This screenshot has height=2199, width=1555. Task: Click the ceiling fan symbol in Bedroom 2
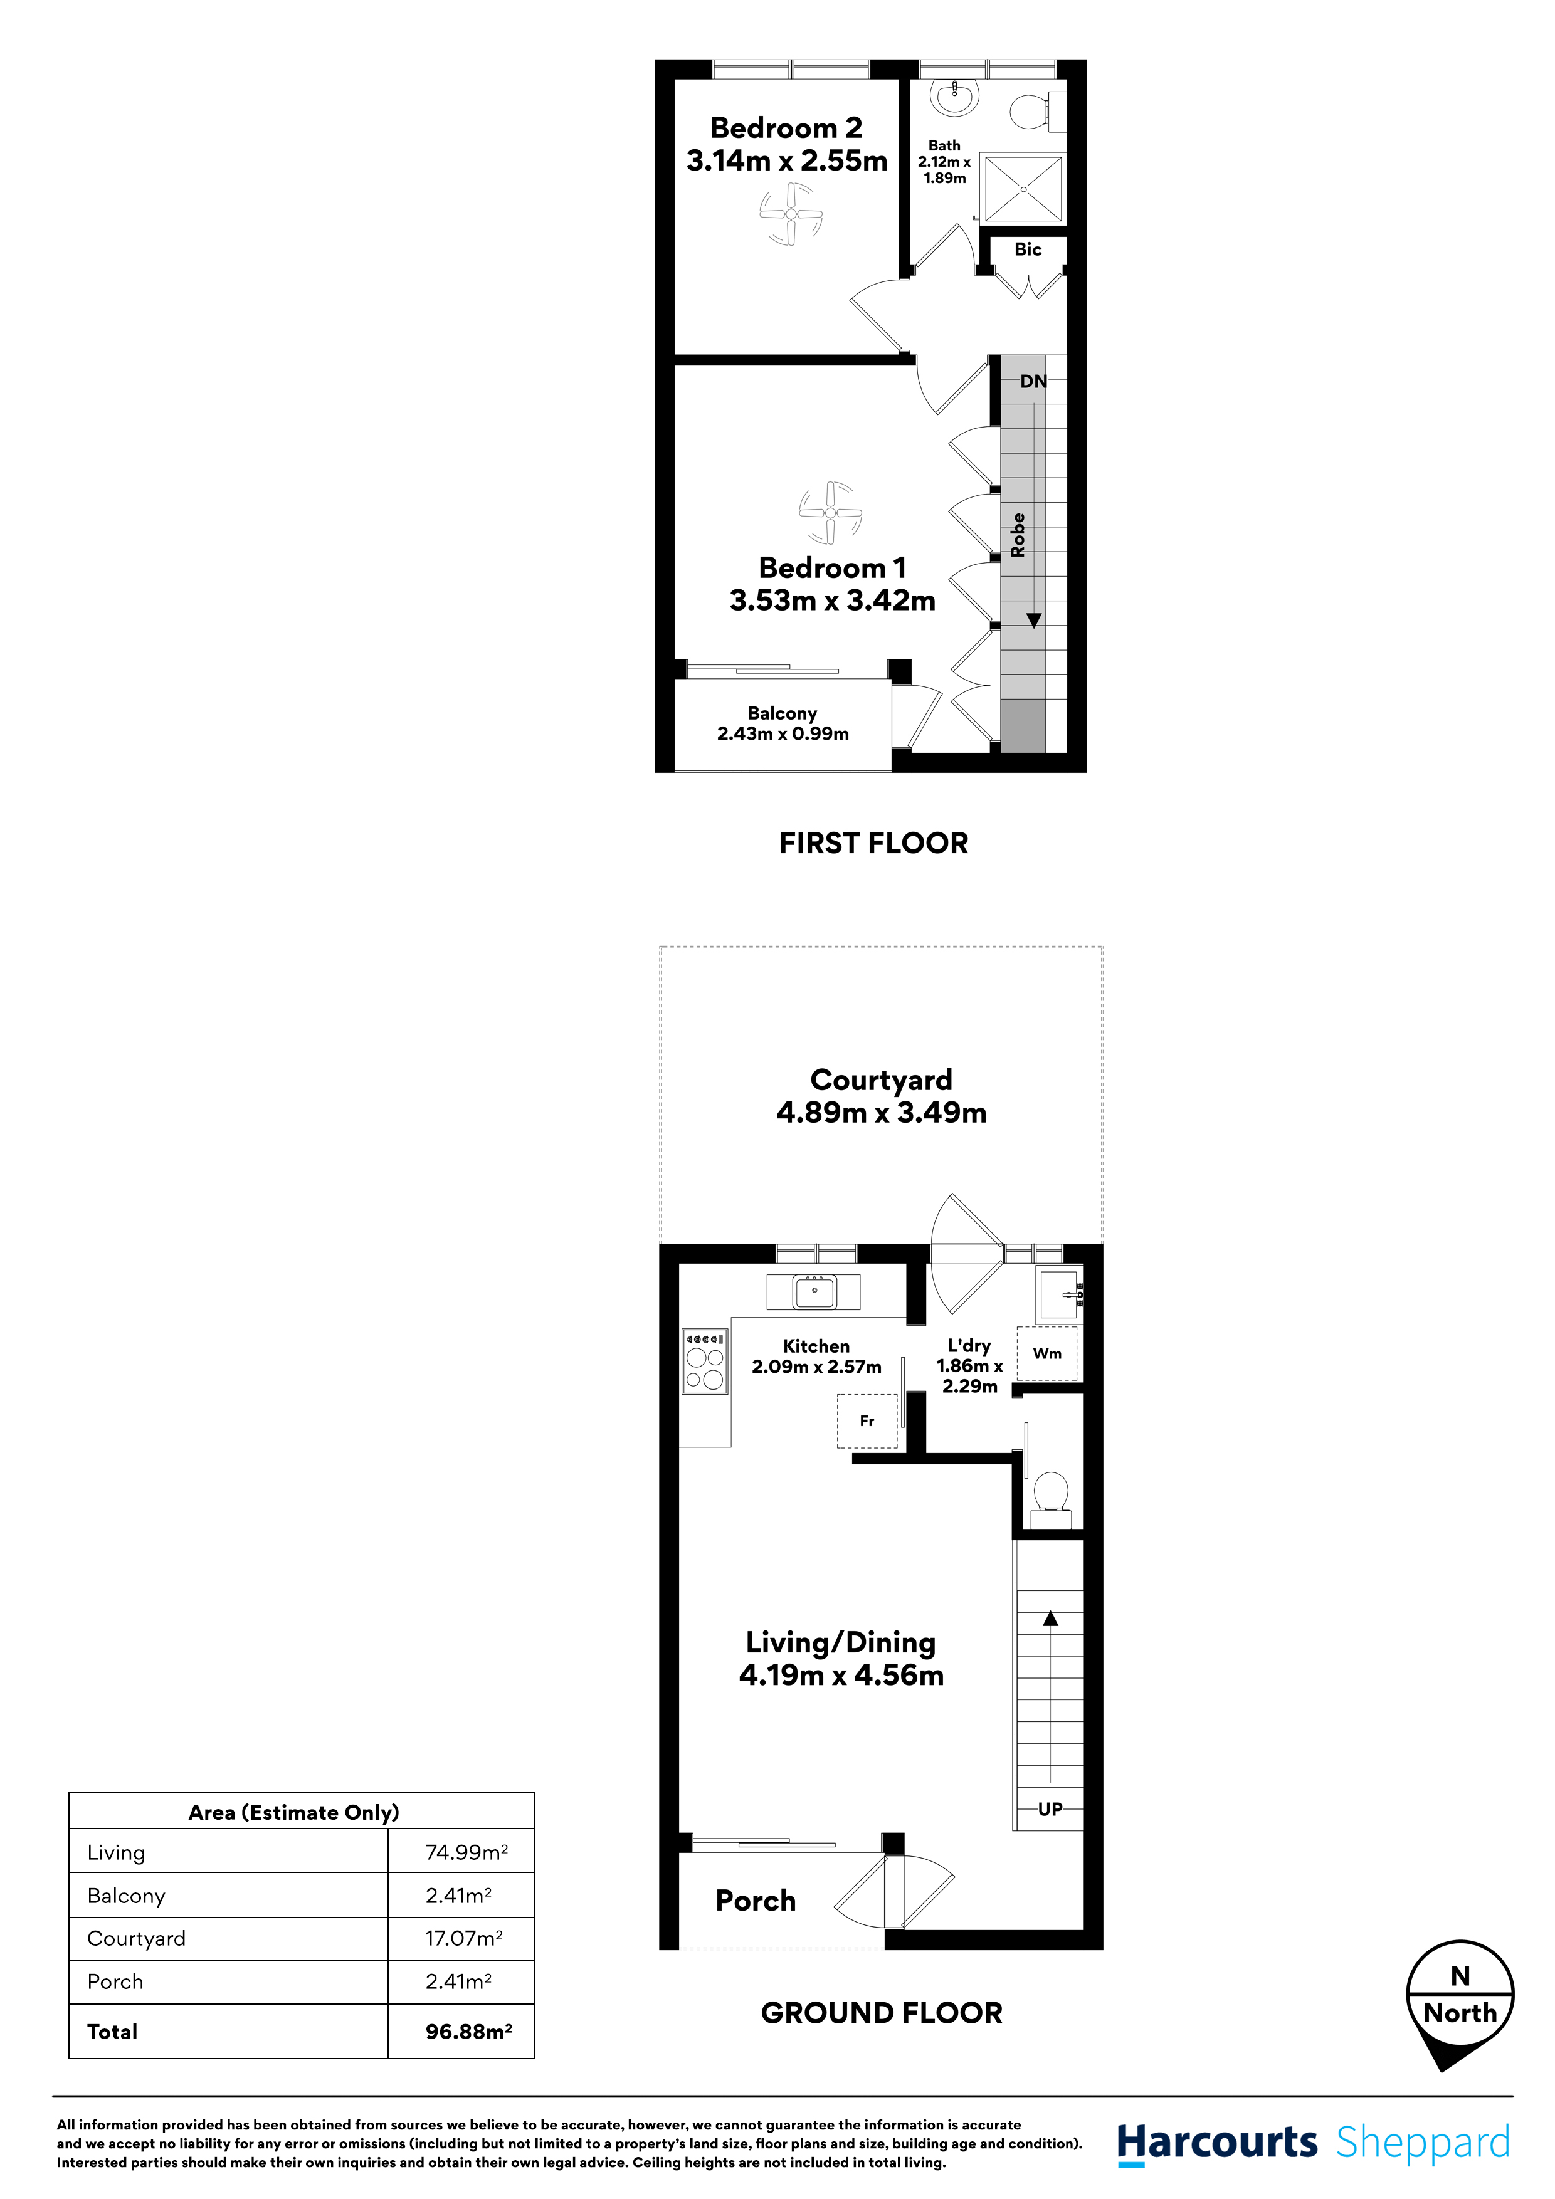(791, 214)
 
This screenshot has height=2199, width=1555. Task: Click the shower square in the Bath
(1023, 189)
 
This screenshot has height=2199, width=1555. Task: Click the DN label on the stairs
(1033, 381)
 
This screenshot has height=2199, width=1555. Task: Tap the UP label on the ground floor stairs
(1050, 1809)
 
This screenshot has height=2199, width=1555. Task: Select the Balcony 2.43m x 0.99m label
(783, 724)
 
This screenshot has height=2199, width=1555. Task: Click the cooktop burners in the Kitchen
(704, 1361)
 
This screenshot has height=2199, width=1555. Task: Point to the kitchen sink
(814, 1291)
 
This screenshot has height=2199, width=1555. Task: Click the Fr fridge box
(867, 1421)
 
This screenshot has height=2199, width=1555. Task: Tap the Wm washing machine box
(1046, 1353)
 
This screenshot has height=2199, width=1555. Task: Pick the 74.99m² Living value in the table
(466, 1852)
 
